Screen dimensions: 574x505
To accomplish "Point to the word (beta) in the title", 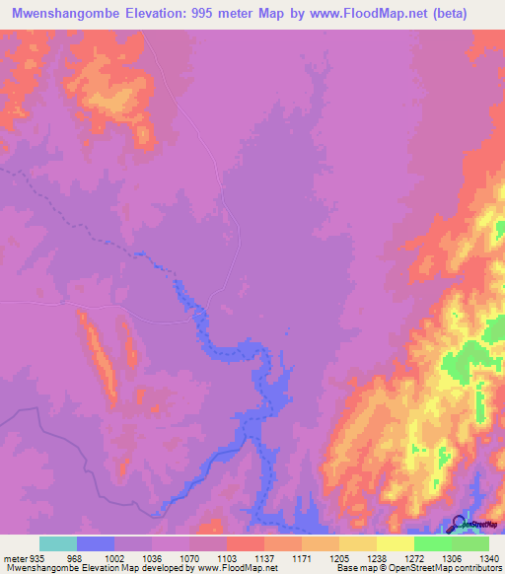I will coord(469,13).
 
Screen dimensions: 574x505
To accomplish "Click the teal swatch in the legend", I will coord(57,543).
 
